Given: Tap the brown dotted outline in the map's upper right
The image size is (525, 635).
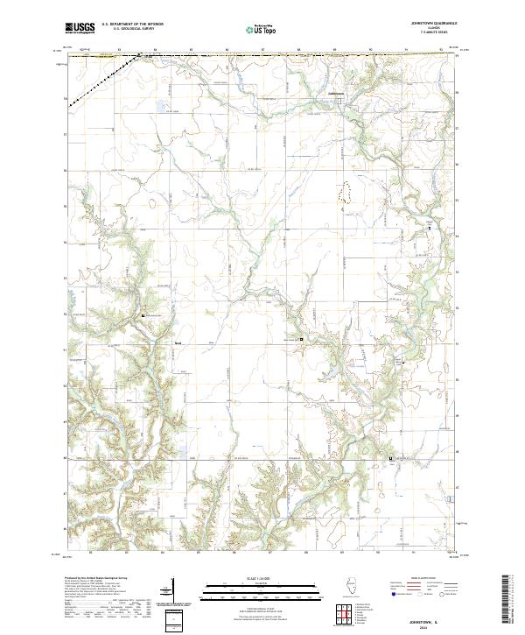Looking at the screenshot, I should (x=348, y=192).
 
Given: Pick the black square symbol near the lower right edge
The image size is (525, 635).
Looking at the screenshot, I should (x=390, y=457).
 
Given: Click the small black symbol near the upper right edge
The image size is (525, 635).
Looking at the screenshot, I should (x=430, y=227).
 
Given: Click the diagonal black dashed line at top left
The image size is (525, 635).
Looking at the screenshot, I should (x=103, y=81).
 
